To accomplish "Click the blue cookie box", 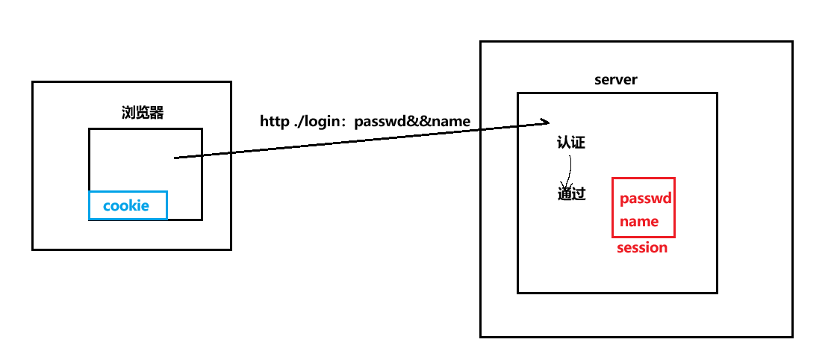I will (x=128, y=205).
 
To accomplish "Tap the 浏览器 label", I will (x=143, y=113).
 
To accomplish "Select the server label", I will (x=616, y=80).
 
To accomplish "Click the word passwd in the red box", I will (x=645, y=199).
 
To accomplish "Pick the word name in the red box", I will (x=639, y=221).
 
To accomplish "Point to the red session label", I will (x=642, y=248).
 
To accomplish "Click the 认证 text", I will (x=571, y=143).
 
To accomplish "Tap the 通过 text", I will (x=571, y=194).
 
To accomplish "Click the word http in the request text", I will (x=274, y=121).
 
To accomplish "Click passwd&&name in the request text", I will (x=412, y=121).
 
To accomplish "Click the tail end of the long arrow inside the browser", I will (x=176, y=158).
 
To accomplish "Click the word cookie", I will (x=126, y=205).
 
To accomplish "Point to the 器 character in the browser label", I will (x=157, y=113).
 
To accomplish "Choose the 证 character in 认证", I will (x=578, y=143).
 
